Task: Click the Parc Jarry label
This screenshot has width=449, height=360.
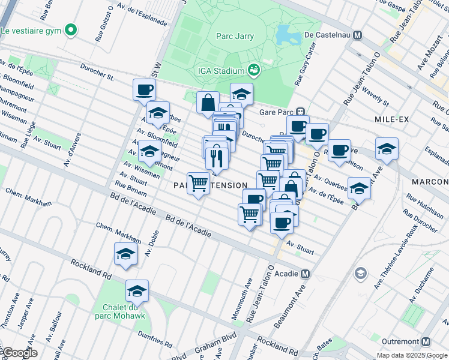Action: tap(235, 36)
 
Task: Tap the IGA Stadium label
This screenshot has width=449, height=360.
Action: tap(221, 71)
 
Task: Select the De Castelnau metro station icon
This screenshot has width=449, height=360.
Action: tap(358, 35)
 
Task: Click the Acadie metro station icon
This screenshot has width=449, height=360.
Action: tap(306, 274)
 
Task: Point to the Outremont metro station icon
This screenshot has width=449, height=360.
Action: tap(426, 341)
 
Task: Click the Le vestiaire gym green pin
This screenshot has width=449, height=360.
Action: tap(71, 29)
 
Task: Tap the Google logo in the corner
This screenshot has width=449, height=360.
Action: tap(19, 353)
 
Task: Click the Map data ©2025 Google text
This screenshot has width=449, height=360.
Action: tap(412, 355)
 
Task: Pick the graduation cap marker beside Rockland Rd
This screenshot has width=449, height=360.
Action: tap(125, 254)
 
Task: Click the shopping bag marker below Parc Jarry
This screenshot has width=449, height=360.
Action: tap(208, 102)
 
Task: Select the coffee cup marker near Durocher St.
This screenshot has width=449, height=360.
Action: tap(144, 90)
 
